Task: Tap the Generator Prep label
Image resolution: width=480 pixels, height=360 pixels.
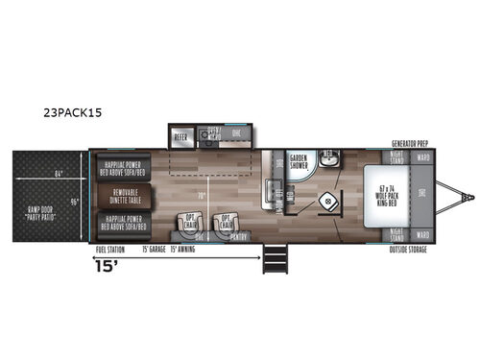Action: [x=411, y=141]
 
